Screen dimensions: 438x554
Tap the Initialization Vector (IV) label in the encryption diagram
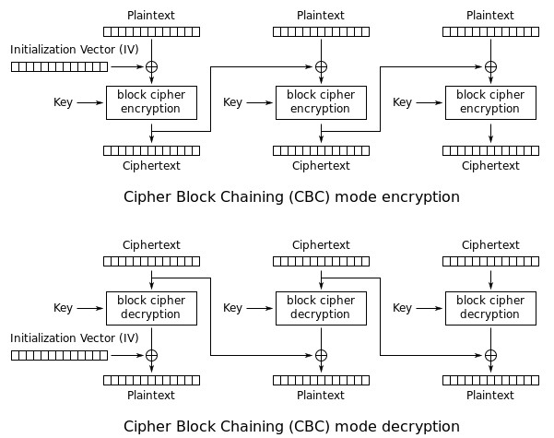(x=75, y=48)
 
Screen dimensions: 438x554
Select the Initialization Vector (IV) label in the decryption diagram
(x=75, y=337)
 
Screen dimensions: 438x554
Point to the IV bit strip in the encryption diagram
(x=59, y=66)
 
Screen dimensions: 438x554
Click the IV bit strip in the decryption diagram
(x=59, y=355)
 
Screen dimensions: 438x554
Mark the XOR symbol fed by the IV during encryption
(x=151, y=66)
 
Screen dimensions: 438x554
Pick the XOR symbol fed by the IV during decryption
(x=151, y=355)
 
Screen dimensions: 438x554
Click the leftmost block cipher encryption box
(x=151, y=101)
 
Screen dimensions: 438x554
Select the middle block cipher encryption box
(x=321, y=101)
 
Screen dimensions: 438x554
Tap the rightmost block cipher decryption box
(x=490, y=308)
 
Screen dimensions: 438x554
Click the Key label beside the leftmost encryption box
(x=63, y=102)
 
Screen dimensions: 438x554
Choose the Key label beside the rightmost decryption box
(x=402, y=308)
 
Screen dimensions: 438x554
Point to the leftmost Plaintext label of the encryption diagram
(x=151, y=16)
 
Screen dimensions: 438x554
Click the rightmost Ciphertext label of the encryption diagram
(x=490, y=166)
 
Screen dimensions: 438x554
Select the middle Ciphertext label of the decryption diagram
(x=321, y=245)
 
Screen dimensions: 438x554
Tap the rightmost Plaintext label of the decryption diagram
(x=490, y=396)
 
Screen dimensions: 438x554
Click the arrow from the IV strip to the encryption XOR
(x=126, y=66)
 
